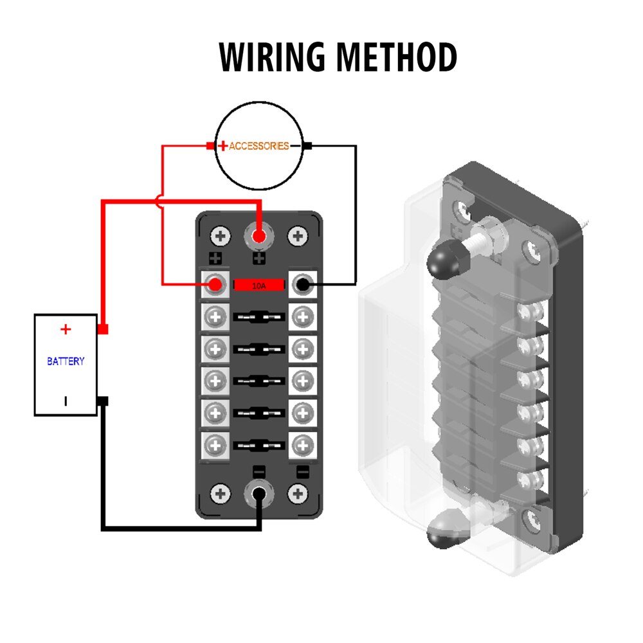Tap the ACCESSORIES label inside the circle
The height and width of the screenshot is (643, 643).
click(258, 146)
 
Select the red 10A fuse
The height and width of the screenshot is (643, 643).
click(258, 285)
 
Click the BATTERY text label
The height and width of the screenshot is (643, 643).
click(66, 361)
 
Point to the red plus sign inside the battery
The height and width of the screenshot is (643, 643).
click(66, 330)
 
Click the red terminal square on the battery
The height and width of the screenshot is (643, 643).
click(102, 329)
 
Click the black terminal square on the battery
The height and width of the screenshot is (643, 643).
click(102, 401)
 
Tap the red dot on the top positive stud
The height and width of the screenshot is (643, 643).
click(258, 237)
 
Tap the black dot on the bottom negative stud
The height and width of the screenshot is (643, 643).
click(259, 494)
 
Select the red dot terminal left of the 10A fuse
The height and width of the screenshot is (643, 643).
click(217, 284)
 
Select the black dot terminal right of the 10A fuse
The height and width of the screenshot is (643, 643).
click(302, 284)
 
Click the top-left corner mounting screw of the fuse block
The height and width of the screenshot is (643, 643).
click(221, 236)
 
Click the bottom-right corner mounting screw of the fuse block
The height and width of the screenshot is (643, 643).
click(297, 494)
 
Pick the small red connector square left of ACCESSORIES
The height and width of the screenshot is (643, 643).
click(210, 146)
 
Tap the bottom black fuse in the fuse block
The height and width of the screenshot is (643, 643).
click(258, 444)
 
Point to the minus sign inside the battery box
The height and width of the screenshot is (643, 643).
click(66, 401)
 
